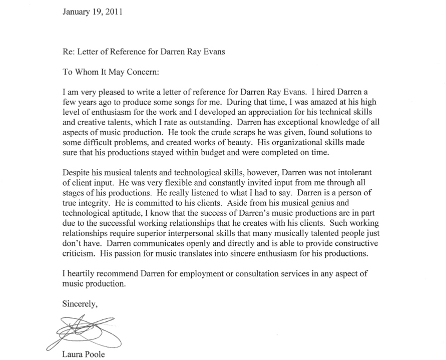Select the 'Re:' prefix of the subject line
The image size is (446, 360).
[69, 53]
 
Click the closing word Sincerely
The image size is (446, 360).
[79, 304]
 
